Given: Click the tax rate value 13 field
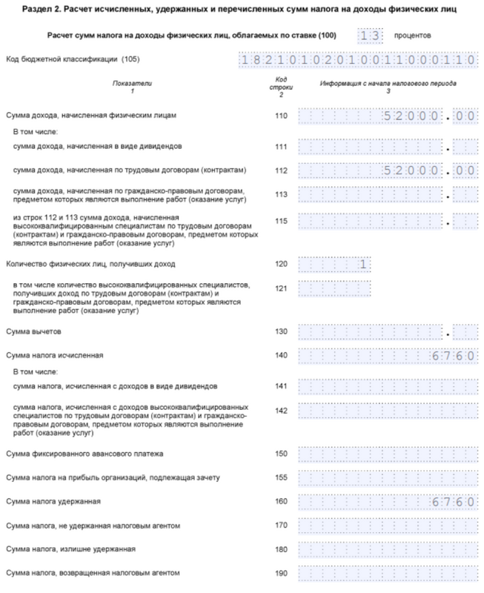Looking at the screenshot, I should (371, 36).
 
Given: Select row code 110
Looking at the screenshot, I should (280, 116).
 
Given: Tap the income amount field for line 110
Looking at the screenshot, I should (385, 116).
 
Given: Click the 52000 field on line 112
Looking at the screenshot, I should (385, 170).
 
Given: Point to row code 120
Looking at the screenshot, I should (280, 264).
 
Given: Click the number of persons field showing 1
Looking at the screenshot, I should (334, 264).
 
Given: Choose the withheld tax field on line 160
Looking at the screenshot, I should (385, 502).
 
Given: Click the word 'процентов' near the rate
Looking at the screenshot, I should (414, 36).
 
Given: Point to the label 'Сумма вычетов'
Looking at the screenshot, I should (30, 331).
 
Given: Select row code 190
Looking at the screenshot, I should (280, 574).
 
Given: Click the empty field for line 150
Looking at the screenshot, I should (385, 453).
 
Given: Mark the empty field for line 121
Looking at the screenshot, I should (334, 288).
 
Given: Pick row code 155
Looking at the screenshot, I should (280, 477).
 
